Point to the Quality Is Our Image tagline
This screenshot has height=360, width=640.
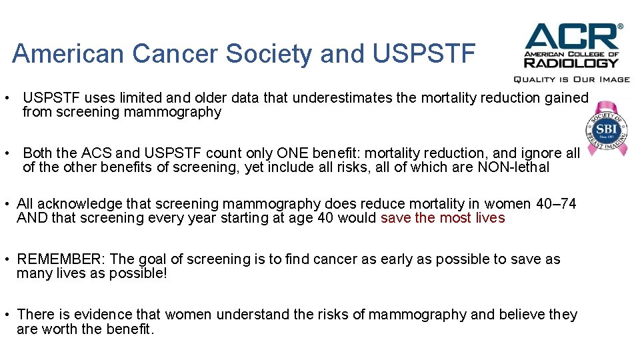571,79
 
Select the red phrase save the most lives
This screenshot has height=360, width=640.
443,218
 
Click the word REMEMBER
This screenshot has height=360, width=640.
61,259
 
